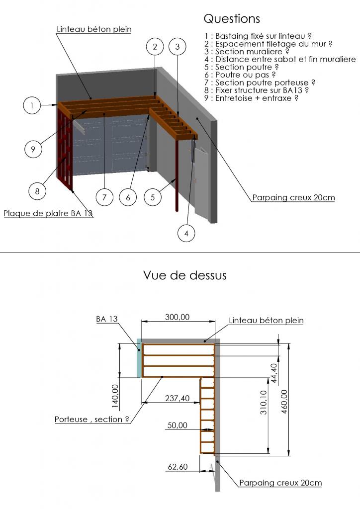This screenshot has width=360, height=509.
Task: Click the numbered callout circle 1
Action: click(x=32, y=105)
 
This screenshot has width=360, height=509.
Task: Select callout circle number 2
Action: click(x=155, y=47)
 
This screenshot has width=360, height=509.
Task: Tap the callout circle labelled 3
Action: click(x=178, y=47)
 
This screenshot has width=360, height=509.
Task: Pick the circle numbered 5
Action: click(x=153, y=197)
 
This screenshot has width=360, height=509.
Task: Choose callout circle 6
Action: click(x=128, y=197)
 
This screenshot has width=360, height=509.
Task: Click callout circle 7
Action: click(x=104, y=197)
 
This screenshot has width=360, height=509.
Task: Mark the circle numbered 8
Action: click(x=37, y=190)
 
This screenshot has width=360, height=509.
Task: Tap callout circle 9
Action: click(x=33, y=149)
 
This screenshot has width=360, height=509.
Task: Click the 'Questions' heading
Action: click(x=232, y=19)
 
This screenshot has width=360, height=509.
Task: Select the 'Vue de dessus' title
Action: click(x=184, y=275)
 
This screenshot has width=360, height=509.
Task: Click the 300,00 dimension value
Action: click(x=177, y=317)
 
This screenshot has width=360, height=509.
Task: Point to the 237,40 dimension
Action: click(x=177, y=398)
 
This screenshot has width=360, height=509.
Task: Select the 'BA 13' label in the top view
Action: click(x=107, y=319)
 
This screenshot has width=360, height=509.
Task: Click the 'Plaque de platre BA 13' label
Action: click(x=48, y=214)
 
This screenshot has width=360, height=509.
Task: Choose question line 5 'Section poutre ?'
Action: click(x=246, y=67)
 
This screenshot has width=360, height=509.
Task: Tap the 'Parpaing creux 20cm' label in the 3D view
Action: click(x=293, y=197)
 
